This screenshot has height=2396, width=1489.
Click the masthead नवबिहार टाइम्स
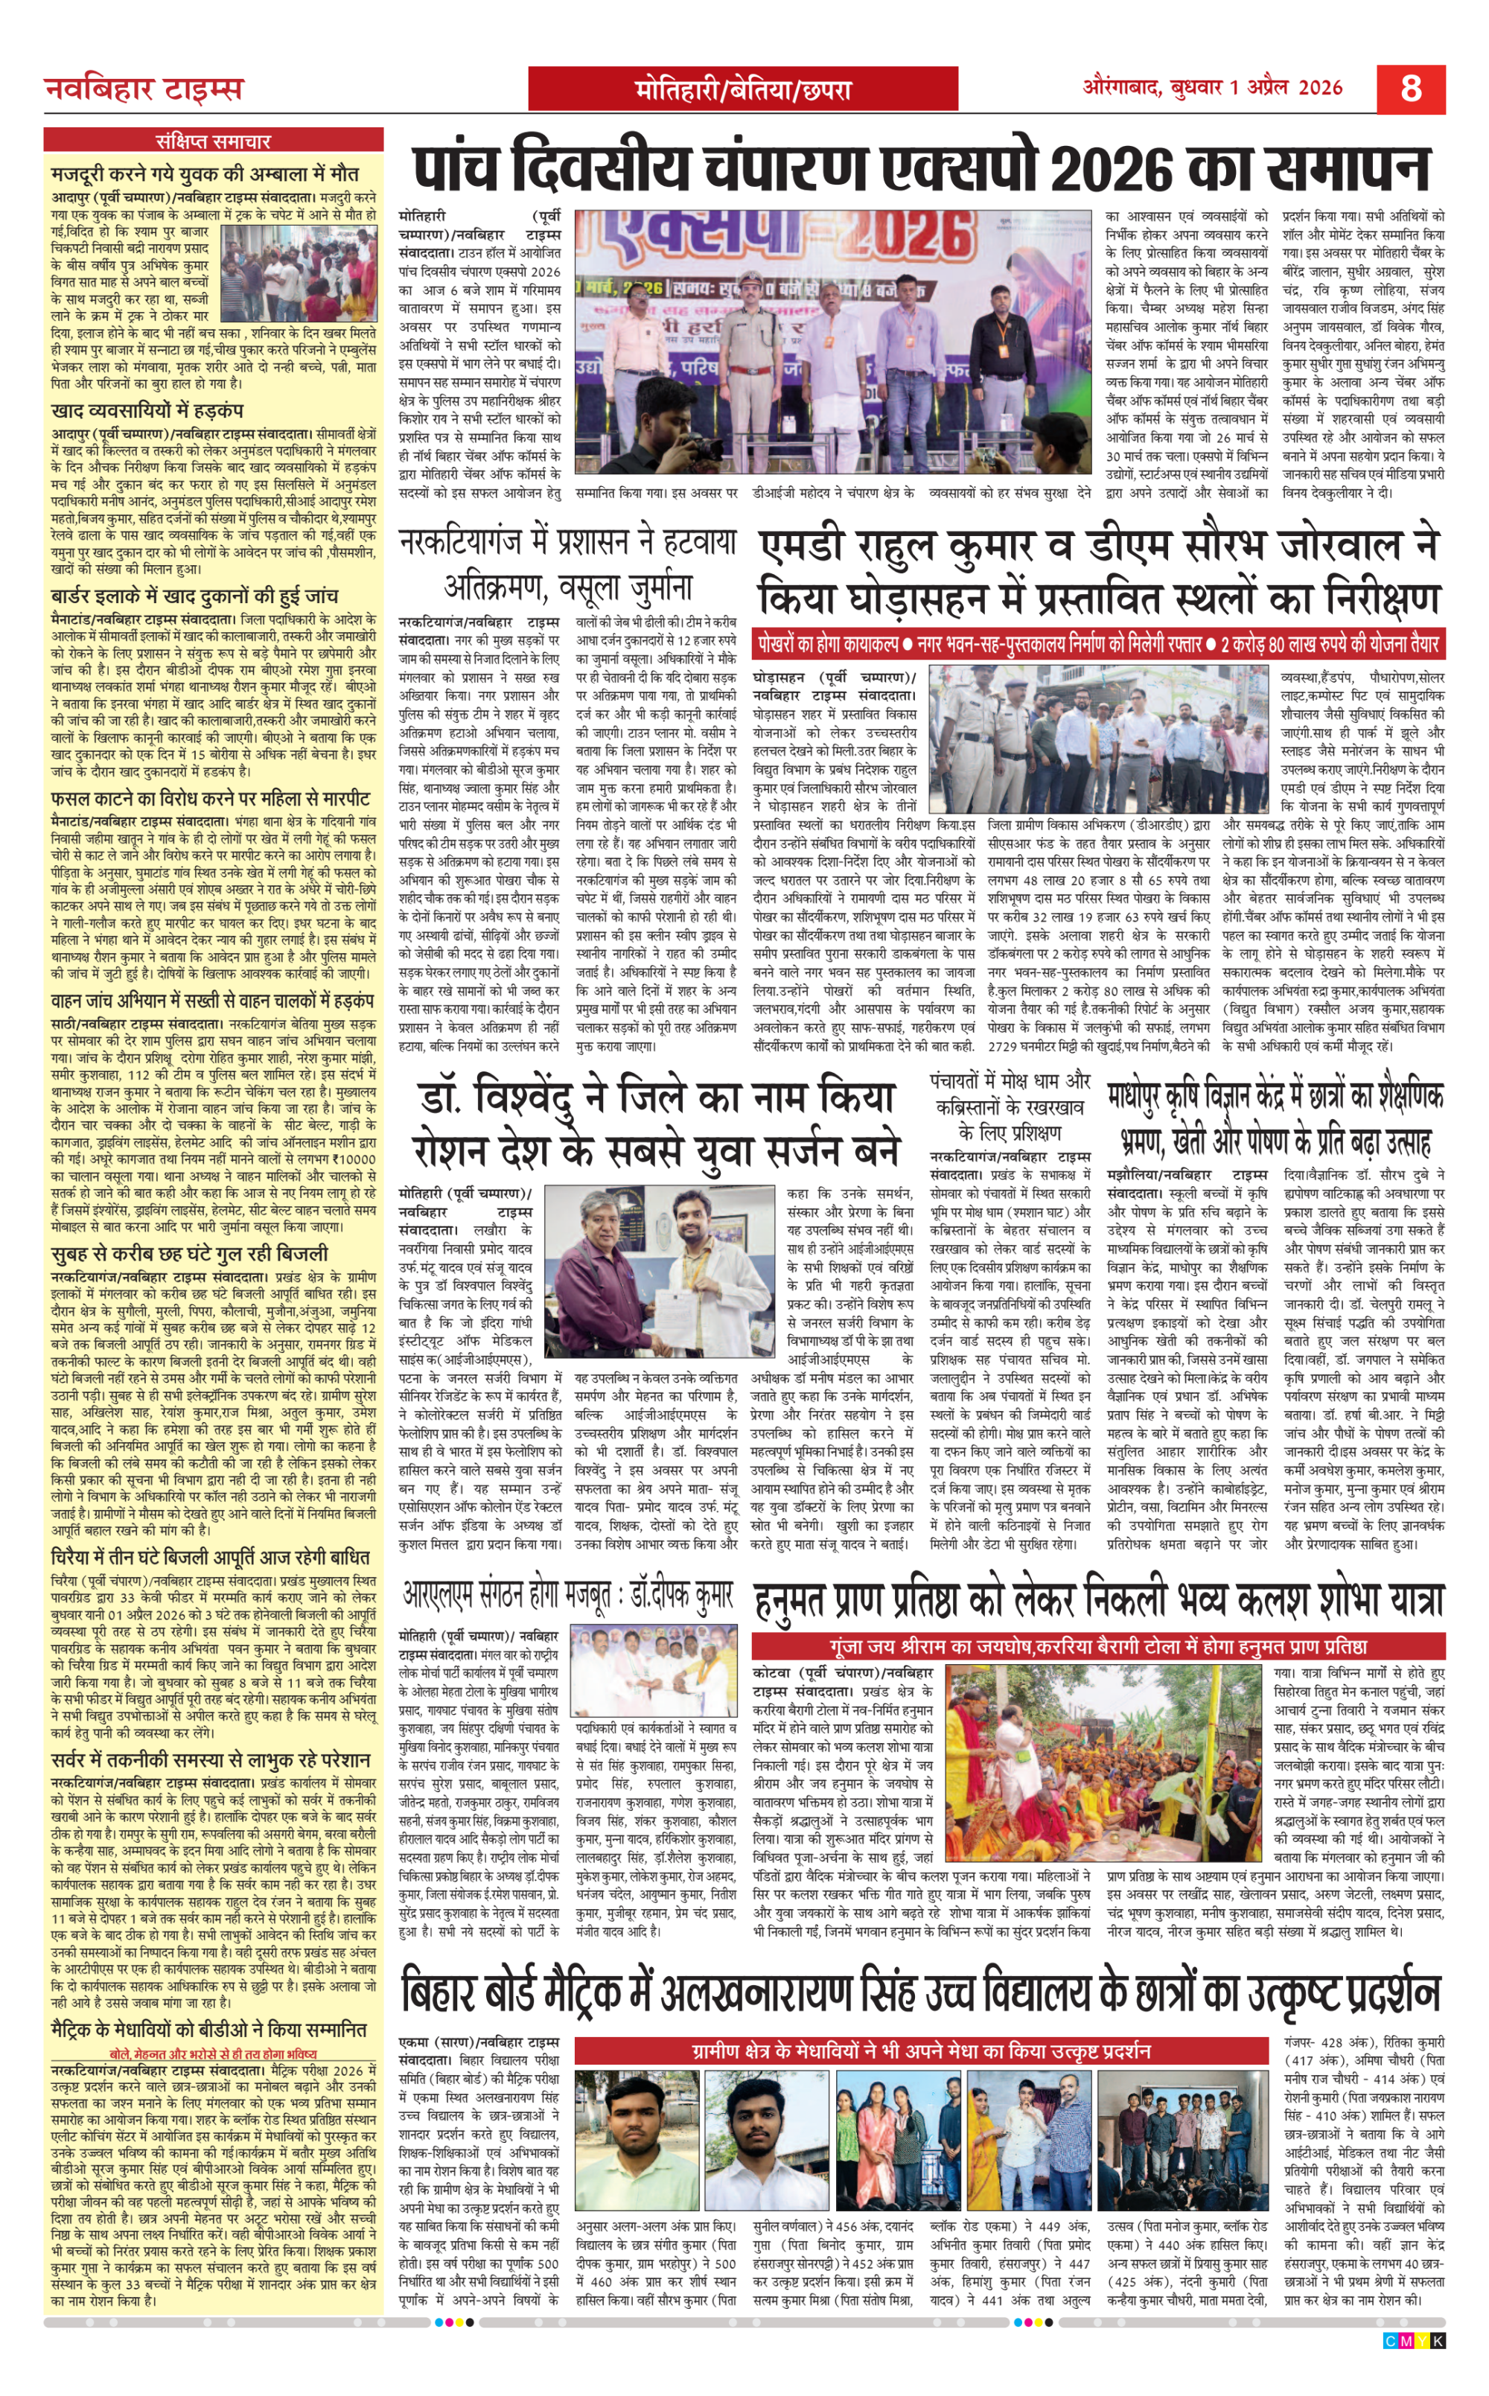[144, 89]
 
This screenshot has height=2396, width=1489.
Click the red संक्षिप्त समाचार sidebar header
[213, 141]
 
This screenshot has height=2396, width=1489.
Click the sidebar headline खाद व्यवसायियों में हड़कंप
[147, 411]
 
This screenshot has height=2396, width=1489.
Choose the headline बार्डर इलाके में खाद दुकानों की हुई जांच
[195, 597]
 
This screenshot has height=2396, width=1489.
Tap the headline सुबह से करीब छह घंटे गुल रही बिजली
[190, 1254]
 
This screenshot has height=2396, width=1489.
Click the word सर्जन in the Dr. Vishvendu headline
[830, 1150]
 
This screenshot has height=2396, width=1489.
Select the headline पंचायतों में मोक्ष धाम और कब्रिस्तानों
[1010, 1106]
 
